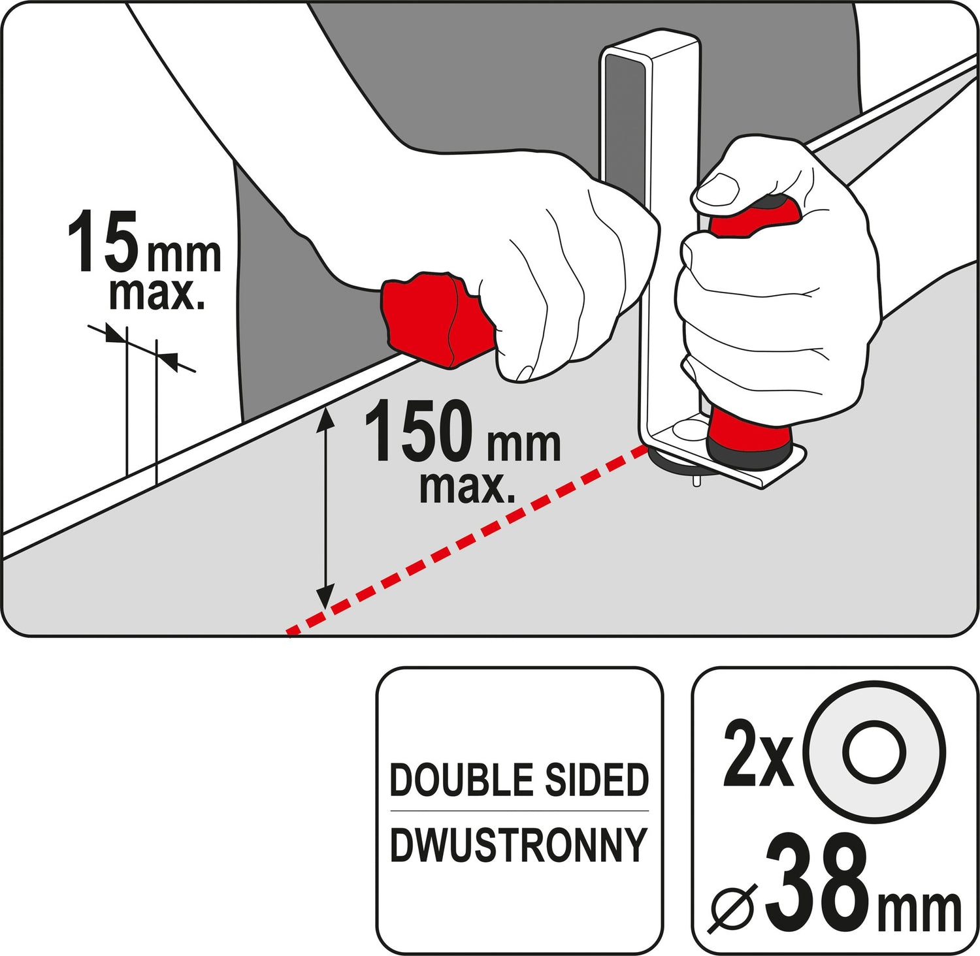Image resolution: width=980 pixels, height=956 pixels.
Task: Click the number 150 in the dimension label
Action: pos(418,430)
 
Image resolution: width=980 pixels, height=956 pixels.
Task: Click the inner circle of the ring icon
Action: pos(874,752)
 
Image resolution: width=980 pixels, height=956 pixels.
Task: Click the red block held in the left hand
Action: pos(436,317)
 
